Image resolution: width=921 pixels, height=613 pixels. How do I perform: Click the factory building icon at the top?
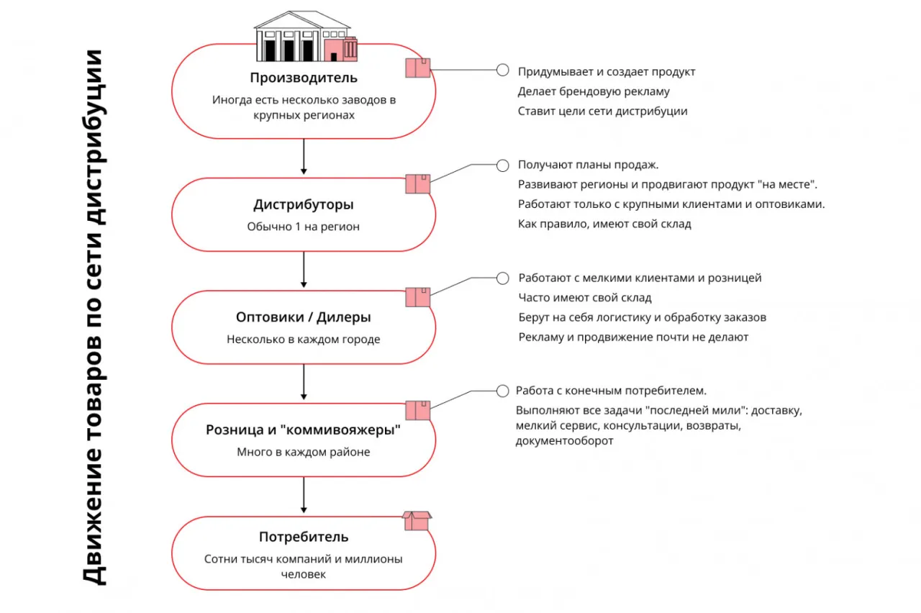tap(305, 37)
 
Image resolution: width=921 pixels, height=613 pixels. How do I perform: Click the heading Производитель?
tap(303, 78)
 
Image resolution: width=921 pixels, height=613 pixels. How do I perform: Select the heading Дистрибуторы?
tap(303, 205)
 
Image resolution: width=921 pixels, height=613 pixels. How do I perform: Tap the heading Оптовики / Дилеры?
tap(303, 317)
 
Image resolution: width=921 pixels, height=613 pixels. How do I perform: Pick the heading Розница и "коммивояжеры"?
tap(303, 430)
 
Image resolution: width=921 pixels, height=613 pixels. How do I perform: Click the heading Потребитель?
tap(303, 537)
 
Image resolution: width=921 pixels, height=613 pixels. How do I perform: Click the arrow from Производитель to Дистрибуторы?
tap(304, 156)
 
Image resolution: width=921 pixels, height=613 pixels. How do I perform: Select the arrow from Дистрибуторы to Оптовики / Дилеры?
tap(304, 270)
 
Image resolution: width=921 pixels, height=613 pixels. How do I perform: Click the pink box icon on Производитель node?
tap(417, 68)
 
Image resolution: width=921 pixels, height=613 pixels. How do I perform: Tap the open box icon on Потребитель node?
tap(417, 520)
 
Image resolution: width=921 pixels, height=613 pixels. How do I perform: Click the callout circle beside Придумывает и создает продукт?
tap(503, 71)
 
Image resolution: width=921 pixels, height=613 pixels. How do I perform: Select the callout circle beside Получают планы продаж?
tap(503, 165)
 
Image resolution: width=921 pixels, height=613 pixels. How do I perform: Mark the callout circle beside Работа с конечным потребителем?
tap(503, 391)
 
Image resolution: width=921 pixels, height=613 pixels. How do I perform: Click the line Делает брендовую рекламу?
tap(594, 91)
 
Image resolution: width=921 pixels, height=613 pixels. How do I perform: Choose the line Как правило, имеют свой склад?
tap(604, 224)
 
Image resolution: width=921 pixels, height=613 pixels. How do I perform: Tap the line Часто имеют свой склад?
tap(585, 297)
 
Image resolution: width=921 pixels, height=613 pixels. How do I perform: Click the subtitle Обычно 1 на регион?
tap(303, 227)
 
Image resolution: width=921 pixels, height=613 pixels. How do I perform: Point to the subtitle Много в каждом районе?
tap(303, 453)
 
